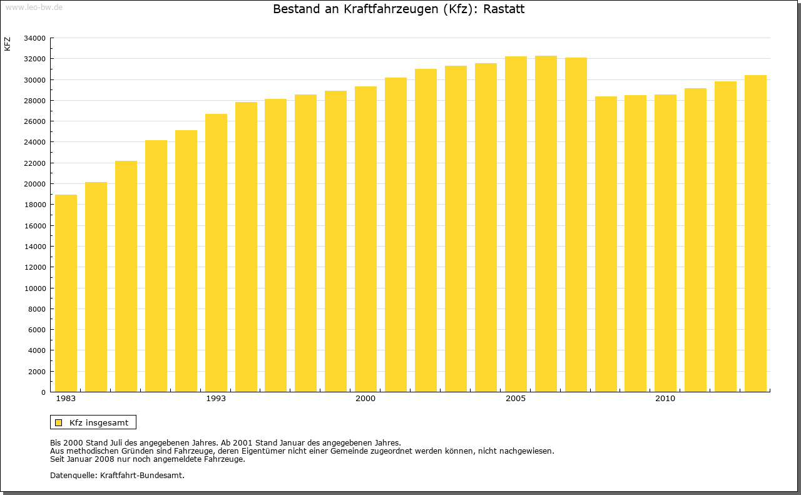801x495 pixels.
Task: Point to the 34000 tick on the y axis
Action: (34, 38)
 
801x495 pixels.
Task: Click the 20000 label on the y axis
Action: (34, 184)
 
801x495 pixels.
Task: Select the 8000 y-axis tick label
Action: (36, 309)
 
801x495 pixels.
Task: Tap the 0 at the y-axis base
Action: (43, 392)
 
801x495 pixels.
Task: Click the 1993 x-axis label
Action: (216, 399)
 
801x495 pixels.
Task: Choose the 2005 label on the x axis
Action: (516, 399)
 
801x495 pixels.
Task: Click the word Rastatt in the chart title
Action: (504, 9)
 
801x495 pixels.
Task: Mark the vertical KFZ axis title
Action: (8, 44)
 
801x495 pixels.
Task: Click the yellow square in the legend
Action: (58, 422)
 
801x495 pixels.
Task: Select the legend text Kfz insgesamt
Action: (99, 422)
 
